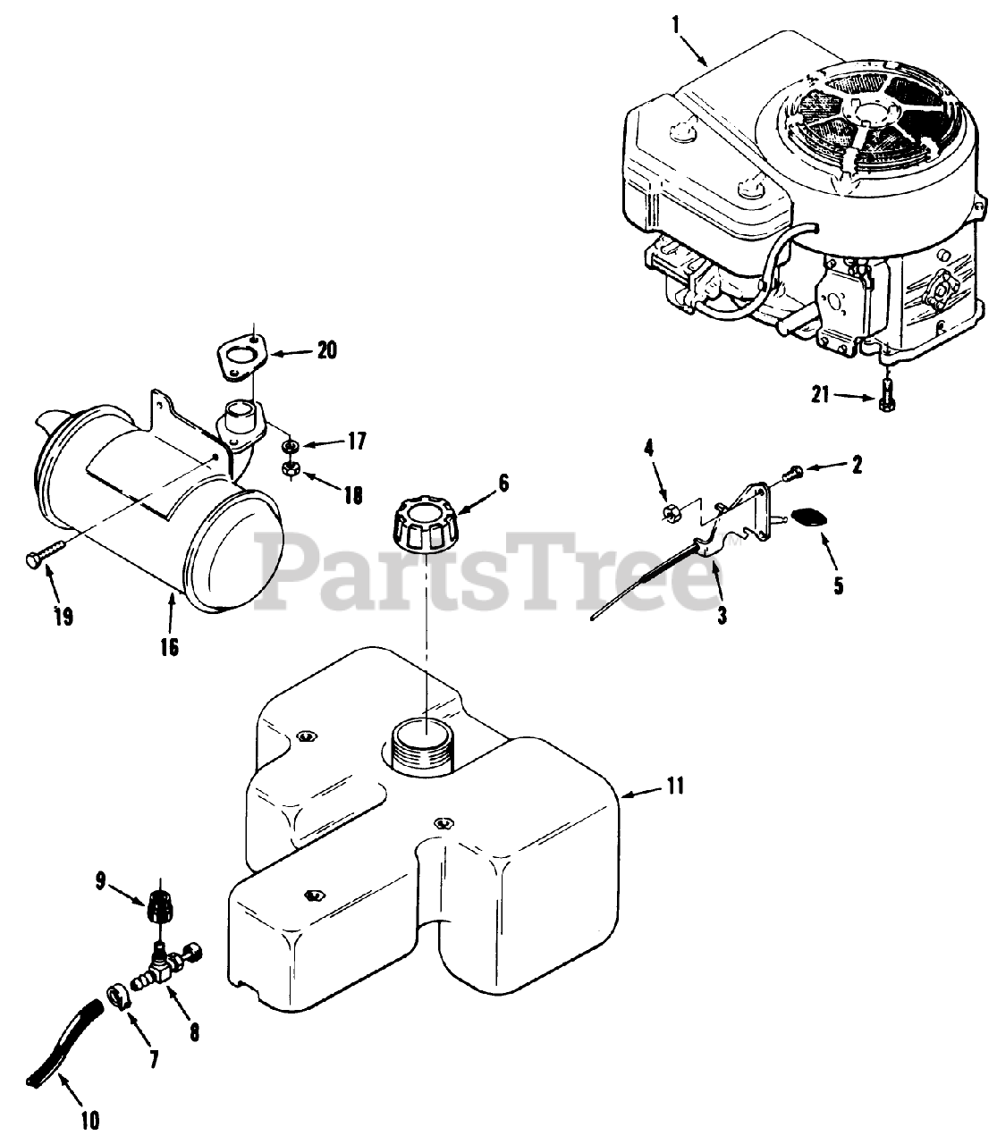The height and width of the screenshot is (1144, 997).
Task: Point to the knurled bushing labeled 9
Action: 158,910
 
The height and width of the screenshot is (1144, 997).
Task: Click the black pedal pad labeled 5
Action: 810,518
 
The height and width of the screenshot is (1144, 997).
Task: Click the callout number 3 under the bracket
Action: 722,616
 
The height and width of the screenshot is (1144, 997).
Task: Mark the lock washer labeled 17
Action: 290,445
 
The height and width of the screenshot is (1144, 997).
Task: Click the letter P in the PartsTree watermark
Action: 283,569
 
